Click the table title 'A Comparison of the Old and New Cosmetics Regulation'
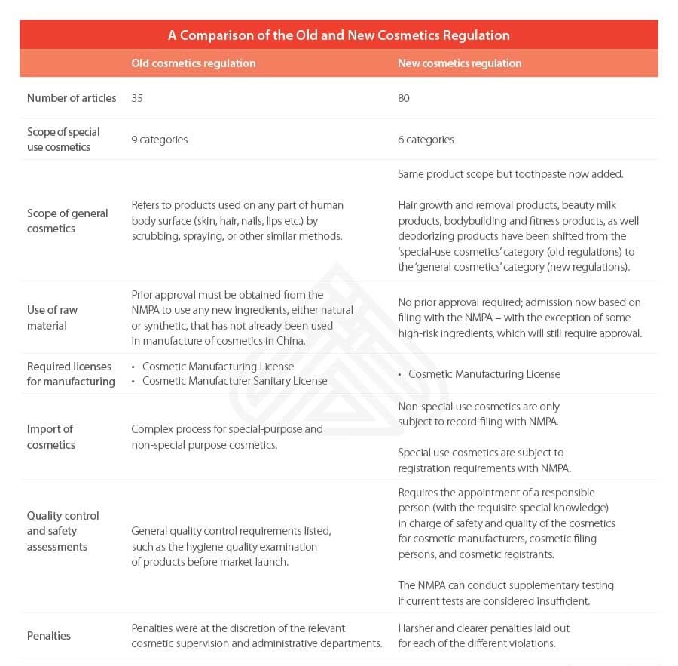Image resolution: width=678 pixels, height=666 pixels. point(338,35)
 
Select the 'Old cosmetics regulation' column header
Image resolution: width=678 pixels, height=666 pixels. point(193,63)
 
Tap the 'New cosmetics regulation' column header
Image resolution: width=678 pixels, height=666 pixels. point(460,63)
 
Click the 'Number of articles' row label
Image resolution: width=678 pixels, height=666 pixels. point(72,98)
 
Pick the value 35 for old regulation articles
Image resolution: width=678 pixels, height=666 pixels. point(137,98)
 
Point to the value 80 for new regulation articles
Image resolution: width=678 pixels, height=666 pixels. point(404,98)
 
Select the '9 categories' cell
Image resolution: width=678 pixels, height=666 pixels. point(159,140)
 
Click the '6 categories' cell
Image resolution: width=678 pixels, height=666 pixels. point(426,140)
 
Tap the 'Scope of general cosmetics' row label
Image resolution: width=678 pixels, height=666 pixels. point(67,220)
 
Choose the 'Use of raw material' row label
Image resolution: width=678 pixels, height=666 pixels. point(52,318)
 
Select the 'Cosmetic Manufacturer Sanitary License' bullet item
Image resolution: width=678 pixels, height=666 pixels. point(234,381)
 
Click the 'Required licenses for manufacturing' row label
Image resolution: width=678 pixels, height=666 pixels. point(70,373)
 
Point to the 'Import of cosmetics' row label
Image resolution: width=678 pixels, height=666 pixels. point(50,437)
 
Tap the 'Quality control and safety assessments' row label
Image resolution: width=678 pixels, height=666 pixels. point(63,531)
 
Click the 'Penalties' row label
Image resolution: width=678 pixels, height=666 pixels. point(48,636)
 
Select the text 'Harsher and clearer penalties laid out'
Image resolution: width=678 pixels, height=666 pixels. point(483,628)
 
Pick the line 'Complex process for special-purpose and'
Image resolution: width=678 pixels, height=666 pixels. point(227,429)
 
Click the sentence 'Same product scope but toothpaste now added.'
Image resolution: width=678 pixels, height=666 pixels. point(510,174)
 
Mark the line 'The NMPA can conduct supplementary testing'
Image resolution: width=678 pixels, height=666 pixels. point(505,585)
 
